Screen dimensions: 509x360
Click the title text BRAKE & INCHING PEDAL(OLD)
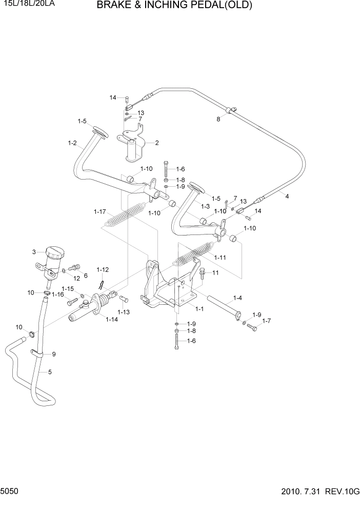point(174,6)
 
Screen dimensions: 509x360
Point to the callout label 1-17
point(99,211)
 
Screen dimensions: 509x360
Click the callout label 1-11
point(220,257)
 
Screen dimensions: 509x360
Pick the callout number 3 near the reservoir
point(34,252)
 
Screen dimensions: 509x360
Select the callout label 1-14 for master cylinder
point(111,320)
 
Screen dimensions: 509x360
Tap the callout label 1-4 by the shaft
point(238,298)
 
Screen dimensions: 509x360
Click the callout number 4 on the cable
point(287,196)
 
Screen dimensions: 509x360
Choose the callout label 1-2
point(72,143)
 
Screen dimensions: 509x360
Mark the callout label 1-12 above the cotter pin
point(103,269)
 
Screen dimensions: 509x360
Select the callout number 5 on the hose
point(50,372)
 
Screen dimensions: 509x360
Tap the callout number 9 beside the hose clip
point(53,354)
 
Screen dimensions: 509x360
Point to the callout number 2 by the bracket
point(157,143)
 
